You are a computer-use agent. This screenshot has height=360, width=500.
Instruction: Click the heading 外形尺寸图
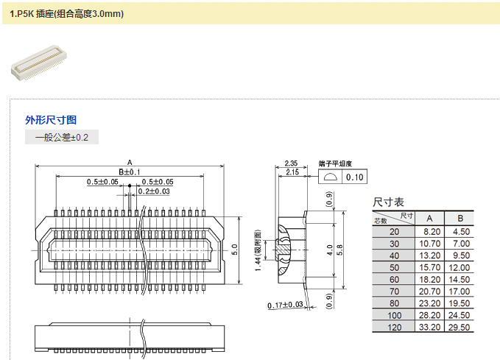click(51, 120)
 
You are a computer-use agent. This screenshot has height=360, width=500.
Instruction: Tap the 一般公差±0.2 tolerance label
click(62, 138)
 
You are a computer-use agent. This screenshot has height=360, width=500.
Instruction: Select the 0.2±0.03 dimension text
click(154, 191)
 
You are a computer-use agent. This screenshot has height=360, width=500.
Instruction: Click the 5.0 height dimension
click(235, 248)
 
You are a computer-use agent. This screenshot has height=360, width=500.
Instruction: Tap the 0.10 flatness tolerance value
click(355, 177)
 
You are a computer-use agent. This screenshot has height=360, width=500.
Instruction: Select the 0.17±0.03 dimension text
click(286, 304)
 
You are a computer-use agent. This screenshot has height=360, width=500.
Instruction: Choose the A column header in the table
click(432, 218)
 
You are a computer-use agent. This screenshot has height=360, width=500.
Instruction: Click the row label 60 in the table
click(395, 280)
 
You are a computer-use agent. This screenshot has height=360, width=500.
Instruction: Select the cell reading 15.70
click(432, 267)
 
